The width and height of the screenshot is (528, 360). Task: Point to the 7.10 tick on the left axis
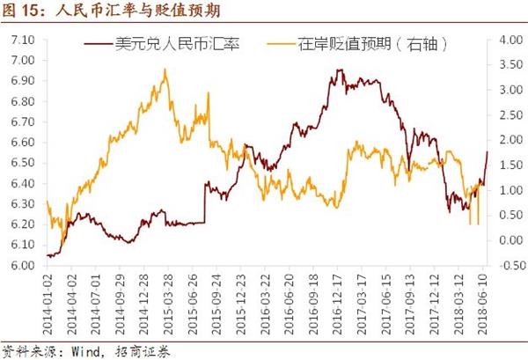click(21, 40)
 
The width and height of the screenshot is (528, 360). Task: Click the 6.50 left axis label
click(21, 163)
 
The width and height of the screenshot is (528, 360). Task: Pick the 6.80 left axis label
click(21, 102)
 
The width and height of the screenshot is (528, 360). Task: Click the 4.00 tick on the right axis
click(510, 40)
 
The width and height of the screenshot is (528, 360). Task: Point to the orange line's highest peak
click(165, 70)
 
